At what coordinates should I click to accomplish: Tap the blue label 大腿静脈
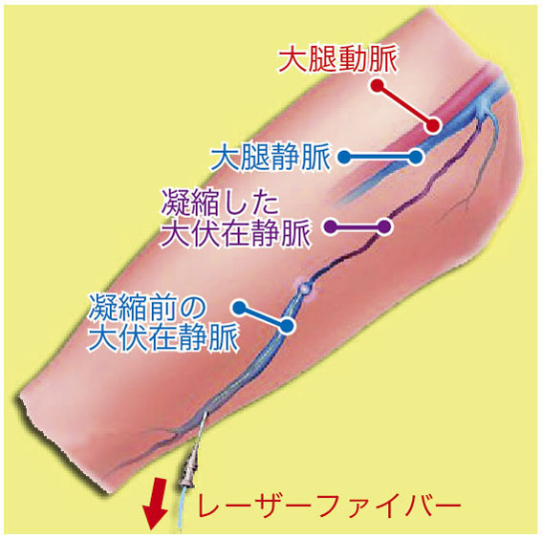coord(271,158)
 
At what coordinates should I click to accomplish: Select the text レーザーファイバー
coord(329,506)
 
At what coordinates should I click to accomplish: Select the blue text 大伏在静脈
coord(163,337)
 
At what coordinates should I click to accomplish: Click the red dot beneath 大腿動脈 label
coord(378,86)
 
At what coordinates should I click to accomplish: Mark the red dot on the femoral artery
coord(433,125)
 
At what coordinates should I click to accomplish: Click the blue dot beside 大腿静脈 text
coord(344,158)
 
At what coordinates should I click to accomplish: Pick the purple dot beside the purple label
coord(332,227)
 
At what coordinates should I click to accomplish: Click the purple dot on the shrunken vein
coord(383,227)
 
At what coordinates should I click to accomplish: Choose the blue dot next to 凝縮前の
coord(241,307)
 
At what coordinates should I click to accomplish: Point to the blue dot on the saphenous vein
coord(287,326)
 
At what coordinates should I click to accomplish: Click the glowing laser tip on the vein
coord(305,287)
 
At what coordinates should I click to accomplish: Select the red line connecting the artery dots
coord(405,105)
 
